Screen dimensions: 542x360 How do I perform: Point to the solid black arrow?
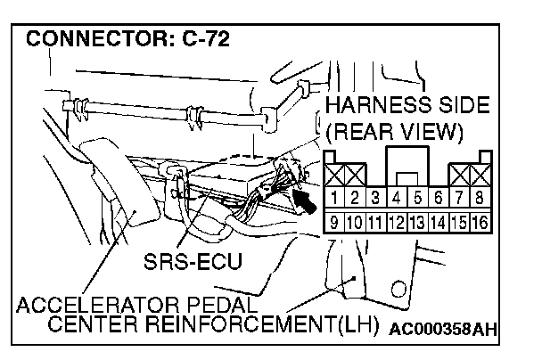(303, 198)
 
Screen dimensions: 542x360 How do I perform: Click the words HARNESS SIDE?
(406, 105)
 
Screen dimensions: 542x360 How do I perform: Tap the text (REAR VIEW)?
(395, 133)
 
